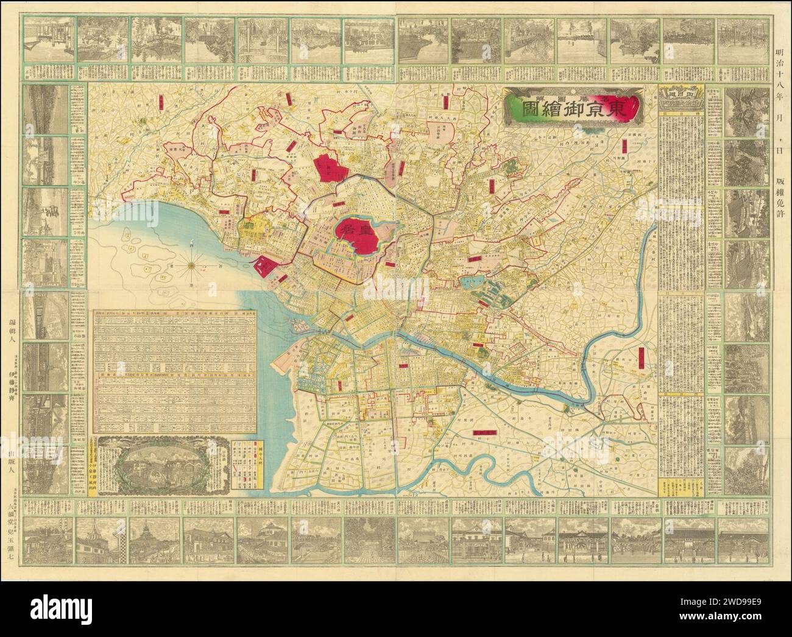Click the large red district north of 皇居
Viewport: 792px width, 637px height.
[329, 166]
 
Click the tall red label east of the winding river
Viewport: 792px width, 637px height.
[642, 359]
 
